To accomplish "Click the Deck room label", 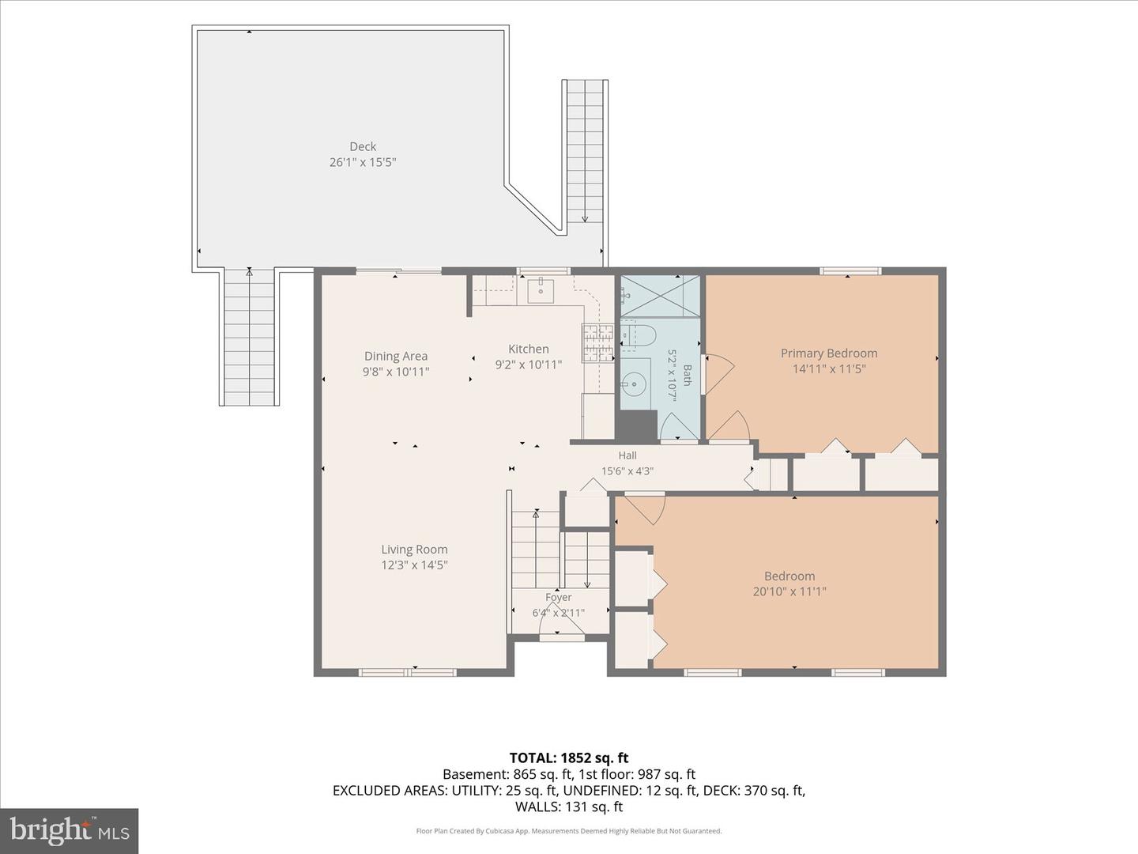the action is coord(363,147).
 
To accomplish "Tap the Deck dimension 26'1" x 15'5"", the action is coord(363,162).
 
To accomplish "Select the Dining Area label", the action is coord(396,356).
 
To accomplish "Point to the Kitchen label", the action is coord(529,349).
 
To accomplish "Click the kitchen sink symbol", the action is coord(541,290).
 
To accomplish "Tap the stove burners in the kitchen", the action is coord(597,342).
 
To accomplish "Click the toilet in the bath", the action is coord(637,335).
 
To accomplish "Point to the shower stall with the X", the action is coord(660,296).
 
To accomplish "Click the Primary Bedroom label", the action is coord(829,353).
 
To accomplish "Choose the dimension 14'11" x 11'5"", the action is coord(829,368).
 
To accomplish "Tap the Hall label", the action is coord(627,455).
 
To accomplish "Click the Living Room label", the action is coord(414,549).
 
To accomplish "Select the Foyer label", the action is coord(559,597).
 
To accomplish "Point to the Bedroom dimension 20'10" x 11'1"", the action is coord(789,591).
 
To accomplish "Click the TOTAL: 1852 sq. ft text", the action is coord(569,758).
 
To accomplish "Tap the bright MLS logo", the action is coord(69,831).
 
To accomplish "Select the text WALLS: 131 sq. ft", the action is coord(569,807).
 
